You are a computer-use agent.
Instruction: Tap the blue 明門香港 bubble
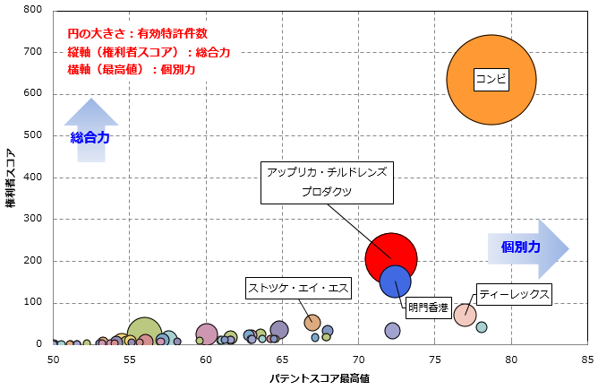coord(396,281)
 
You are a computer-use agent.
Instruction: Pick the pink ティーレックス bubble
coord(465,315)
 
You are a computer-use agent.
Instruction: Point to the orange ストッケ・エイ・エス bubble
coord(312,323)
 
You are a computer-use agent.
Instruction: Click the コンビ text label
coord(491,80)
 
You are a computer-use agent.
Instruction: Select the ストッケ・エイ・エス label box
coord(299,288)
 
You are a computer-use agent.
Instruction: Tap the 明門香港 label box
coord(429,308)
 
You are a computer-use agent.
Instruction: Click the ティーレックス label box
coord(514,293)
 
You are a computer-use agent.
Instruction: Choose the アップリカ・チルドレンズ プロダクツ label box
coord(326,180)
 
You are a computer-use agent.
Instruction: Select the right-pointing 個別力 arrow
coord(528,246)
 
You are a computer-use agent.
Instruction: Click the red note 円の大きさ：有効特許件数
coord(137,33)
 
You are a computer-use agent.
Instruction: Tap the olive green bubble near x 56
coord(144,332)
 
